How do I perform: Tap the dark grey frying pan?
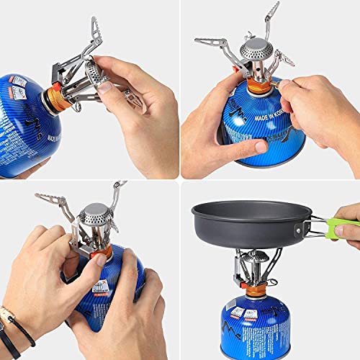pyautogui.click(x=248, y=220)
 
